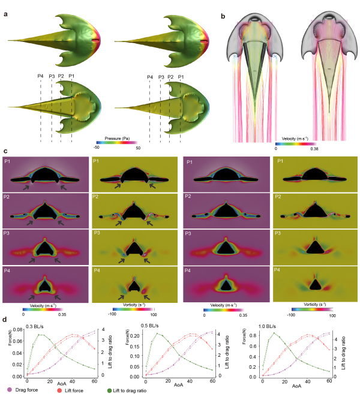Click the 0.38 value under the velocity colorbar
pyautogui.click(x=313, y=148)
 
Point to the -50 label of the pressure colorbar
pyautogui.click(x=97, y=146)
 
